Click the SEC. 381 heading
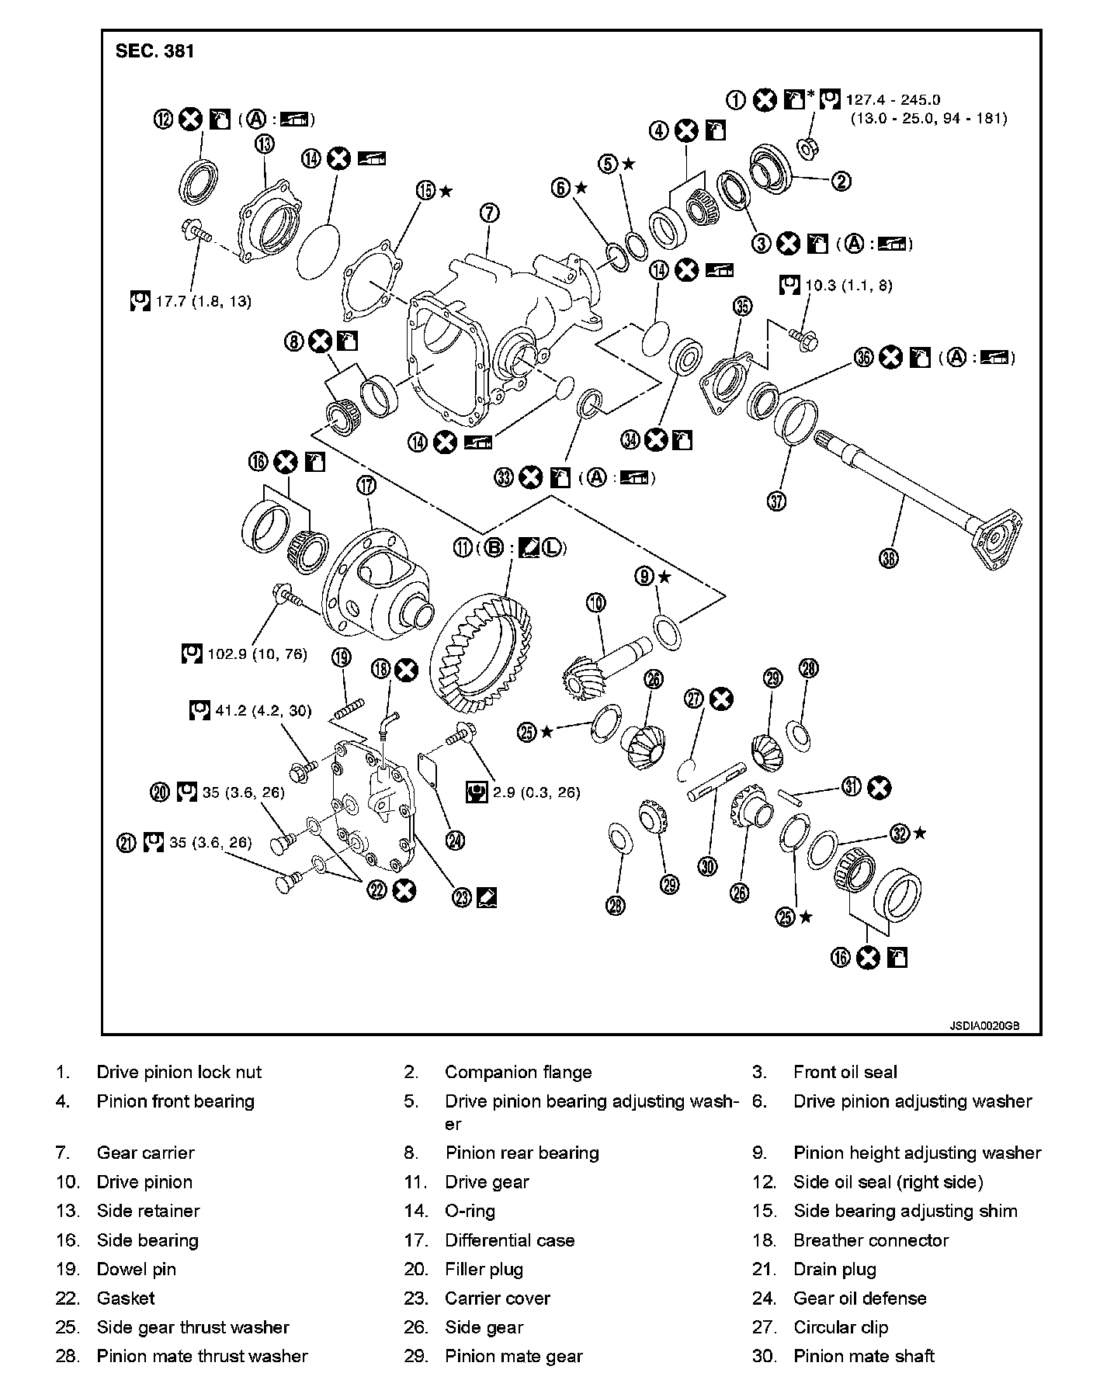[x=154, y=51]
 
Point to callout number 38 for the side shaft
[x=890, y=557]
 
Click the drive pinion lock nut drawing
[x=807, y=145]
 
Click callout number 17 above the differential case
[x=366, y=486]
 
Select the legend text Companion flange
[x=518, y=1072]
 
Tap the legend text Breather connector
[x=870, y=1240]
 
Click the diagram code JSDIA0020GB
[x=984, y=1025]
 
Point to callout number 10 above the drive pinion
[x=595, y=602]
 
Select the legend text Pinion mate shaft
[x=863, y=1356]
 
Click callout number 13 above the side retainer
[x=265, y=144]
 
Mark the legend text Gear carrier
[x=146, y=1153]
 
